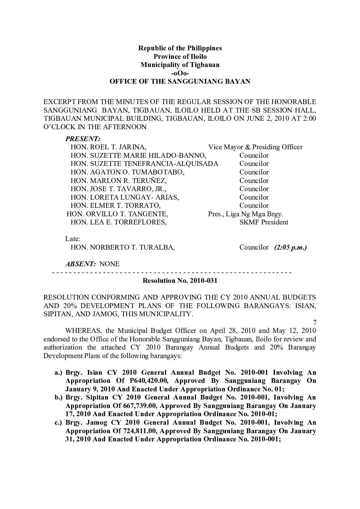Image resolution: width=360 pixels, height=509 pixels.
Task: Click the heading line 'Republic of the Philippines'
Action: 180,48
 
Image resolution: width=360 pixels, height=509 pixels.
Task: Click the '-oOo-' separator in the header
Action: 180,73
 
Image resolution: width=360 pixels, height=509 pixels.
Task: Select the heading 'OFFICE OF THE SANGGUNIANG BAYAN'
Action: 180,82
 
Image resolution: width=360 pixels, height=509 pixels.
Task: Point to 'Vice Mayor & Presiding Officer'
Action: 255,147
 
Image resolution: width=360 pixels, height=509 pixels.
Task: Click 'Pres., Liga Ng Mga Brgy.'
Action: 246,214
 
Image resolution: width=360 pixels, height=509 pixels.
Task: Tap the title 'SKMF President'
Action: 264,222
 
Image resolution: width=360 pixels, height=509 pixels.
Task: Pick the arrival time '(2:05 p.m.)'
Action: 290,247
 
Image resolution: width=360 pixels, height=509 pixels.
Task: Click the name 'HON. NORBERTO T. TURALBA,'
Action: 123,248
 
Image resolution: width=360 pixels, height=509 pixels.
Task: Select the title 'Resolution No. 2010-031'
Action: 180,281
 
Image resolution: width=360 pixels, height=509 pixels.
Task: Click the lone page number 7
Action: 314,322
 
